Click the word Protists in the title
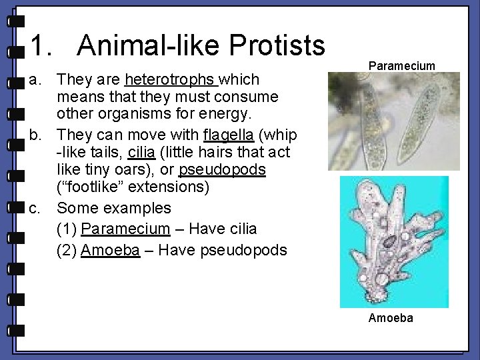277,45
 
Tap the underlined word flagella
229,135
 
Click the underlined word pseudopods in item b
222,169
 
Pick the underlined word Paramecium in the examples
125,229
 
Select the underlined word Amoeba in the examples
110,250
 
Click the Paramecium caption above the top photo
402,65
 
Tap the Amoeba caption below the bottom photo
391,318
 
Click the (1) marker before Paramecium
67,229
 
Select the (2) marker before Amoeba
67,250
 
